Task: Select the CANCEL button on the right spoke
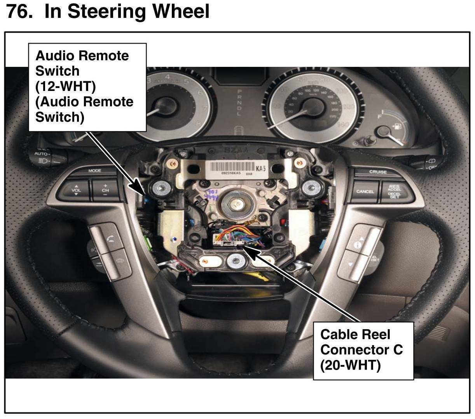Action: tap(365, 191)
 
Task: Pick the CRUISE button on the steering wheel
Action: tap(378, 172)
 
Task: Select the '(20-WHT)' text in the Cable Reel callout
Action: tap(350, 365)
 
